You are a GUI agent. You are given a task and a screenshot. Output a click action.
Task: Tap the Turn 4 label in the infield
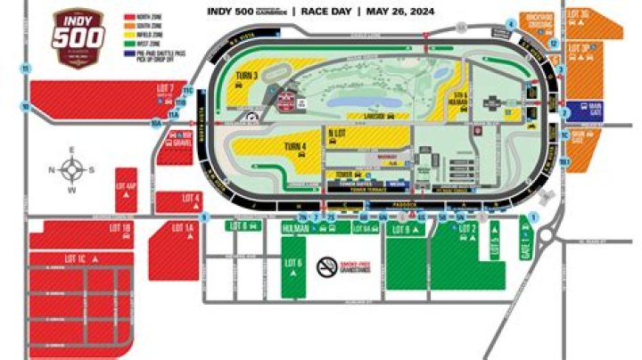[x=295, y=146]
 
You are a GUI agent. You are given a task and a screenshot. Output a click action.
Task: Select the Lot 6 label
[x=294, y=264]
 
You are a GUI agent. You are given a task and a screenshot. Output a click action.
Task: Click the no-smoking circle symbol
[x=328, y=264]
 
